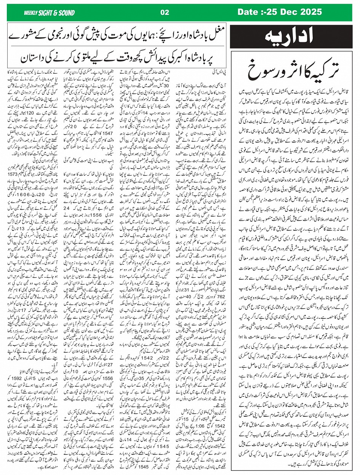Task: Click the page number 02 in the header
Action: point(165,12)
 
